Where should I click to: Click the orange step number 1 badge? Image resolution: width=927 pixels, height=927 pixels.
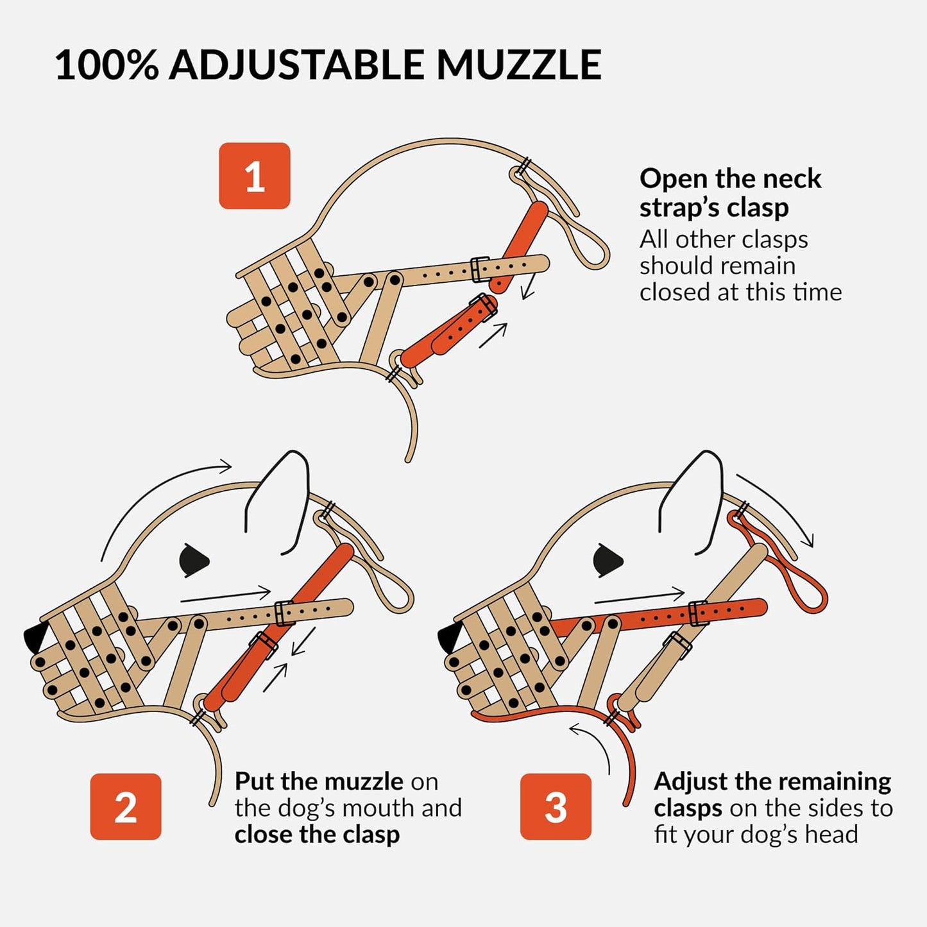coord(255,176)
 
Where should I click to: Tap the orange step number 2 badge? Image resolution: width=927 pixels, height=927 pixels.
coord(126,806)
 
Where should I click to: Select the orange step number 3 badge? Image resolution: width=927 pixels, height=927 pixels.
coord(556,806)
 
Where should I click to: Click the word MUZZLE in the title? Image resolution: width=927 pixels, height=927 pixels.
coord(518,65)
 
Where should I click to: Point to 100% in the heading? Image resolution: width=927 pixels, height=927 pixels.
coord(106,65)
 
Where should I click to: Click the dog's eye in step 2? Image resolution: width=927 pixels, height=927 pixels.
coord(194,560)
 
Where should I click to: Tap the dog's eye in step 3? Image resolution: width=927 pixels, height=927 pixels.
coord(607,560)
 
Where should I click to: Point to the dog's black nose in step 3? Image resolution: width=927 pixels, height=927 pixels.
coord(449,638)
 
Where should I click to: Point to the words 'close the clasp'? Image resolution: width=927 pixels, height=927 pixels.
coord(317,834)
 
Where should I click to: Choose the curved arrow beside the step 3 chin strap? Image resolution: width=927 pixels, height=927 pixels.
coord(593,744)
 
